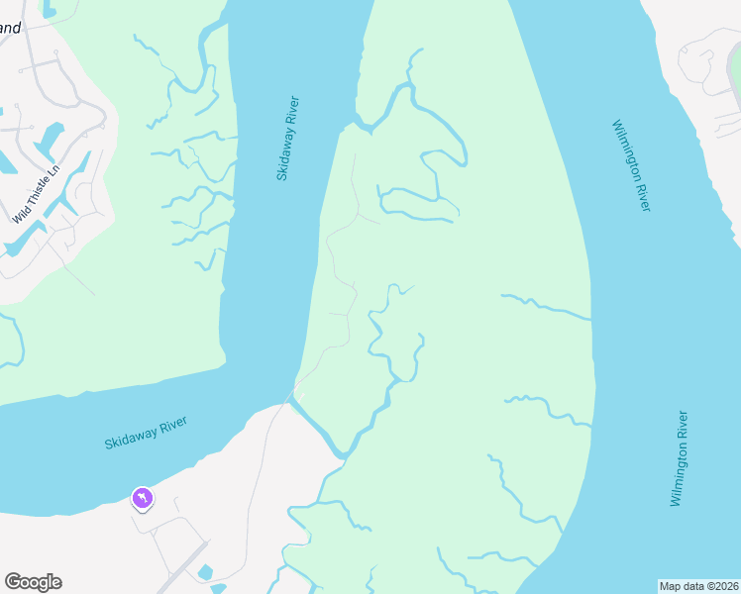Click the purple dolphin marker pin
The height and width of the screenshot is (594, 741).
pos(143,498)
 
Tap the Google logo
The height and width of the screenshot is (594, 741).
pos(33,582)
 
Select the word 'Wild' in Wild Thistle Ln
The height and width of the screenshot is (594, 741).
pos(21,211)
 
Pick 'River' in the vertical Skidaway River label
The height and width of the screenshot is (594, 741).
pos(293,110)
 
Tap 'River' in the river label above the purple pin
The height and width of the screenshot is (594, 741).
pos(172,423)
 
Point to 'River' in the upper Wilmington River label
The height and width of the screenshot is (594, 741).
pos(643,194)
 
